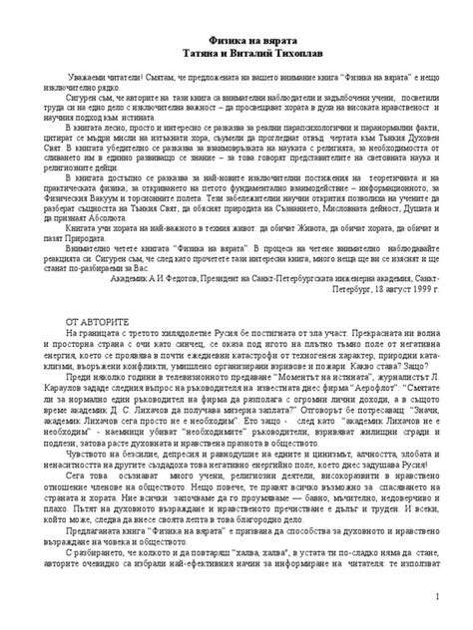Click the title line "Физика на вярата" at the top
point(236,37)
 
